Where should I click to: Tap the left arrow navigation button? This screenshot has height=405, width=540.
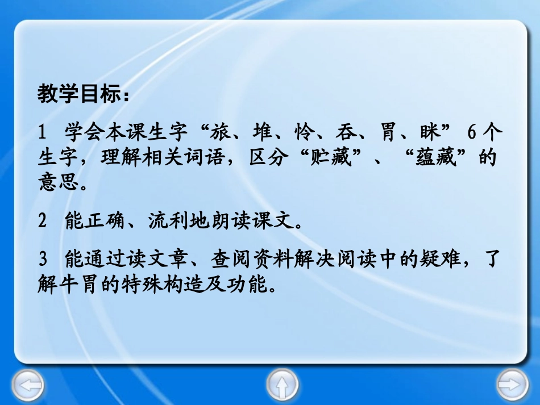27,386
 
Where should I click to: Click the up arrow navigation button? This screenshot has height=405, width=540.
283,386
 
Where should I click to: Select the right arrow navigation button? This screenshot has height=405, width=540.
512,386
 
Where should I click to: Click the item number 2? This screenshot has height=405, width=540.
41,222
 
